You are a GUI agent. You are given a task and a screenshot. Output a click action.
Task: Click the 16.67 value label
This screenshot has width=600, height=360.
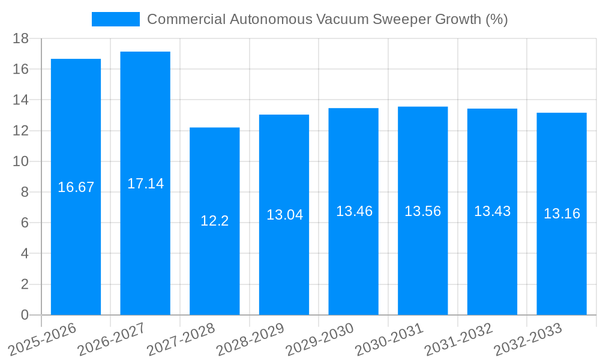[x=76, y=187]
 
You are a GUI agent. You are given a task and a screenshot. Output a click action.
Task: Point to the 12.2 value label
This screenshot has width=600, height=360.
[x=215, y=221]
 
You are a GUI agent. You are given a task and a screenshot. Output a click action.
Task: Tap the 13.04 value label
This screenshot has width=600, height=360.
[x=284, y=215]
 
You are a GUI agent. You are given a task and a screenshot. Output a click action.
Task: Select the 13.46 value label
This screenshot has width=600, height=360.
[x=354, y=211]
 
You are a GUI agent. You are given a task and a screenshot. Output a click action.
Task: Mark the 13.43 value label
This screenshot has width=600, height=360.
[x=492, y=211]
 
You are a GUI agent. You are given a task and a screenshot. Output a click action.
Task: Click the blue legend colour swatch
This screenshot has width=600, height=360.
[x=115, y=19]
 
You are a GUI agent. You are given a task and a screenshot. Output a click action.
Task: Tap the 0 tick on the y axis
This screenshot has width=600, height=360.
[x=25, y=315]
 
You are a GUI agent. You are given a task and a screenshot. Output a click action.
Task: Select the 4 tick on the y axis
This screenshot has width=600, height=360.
[x=25, y=253]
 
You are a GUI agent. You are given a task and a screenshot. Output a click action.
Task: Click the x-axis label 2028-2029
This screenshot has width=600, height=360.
[x=251, y=340]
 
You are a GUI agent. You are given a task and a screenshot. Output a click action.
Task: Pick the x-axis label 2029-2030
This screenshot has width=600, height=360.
[x=320, y=340]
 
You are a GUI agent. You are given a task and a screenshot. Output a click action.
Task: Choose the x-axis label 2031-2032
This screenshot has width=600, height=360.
[x=459, y=340]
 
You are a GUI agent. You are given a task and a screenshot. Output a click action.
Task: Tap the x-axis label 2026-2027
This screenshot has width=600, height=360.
[x=112, y=340]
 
